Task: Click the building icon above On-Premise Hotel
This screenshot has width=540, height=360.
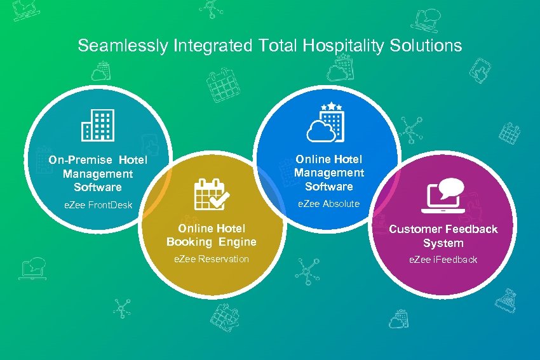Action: tap(97, 124)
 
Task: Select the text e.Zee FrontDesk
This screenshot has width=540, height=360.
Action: tap(98, 204)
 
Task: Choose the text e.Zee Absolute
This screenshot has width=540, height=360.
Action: tap(328, 204)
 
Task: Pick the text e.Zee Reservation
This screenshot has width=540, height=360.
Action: tap(212, 259)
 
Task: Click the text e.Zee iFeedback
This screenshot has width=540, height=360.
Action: tap(443, 260)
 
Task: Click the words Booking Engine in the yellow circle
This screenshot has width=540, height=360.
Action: tap(212, 242)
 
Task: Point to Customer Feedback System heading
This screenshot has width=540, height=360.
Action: tap(443, 236)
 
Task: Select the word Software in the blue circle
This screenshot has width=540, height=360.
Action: tap(328, 187)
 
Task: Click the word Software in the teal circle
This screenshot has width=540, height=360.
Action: tap(97, 187)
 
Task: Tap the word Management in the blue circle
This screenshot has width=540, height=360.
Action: tap(328, 173)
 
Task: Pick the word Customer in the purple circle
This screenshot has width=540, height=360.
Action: tap(414, 229)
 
